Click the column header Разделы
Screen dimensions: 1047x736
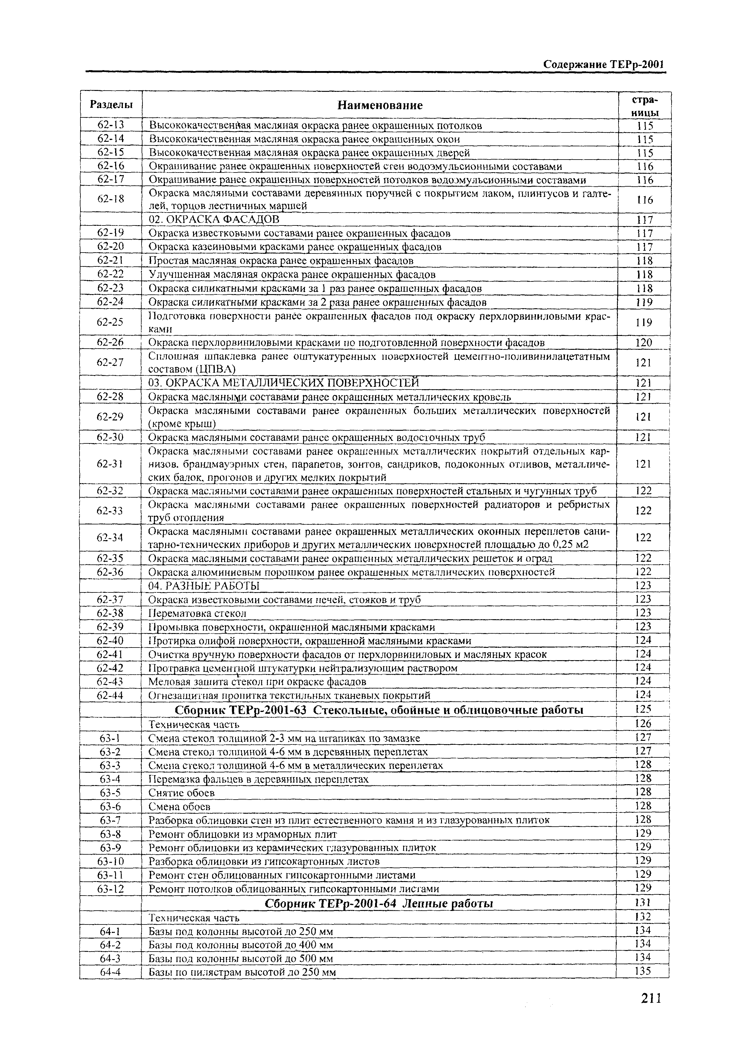coord(111,105)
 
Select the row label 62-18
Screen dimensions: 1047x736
coord(111,199)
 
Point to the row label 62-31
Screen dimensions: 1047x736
coord(111,464)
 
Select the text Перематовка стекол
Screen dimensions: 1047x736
coord(198,613)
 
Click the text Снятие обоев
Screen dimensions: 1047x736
coord(182,793)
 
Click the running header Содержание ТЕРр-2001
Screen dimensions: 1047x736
coord(602,65)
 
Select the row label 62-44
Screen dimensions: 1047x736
coord(111,695)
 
